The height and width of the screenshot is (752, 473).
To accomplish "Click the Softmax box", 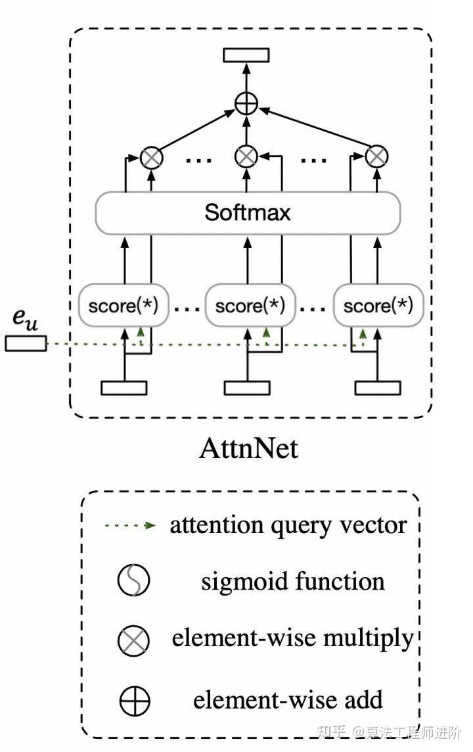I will [x=248, y=212].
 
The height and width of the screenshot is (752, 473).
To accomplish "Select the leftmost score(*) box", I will [x=123, y=306].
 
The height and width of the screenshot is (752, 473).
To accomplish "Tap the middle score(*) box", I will [x=250, y=306].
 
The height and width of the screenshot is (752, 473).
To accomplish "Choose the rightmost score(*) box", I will [x=378, y=306].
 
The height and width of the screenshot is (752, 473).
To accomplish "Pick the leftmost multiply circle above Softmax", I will [x=152, y=156].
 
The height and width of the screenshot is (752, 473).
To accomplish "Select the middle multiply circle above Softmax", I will [x=246, y=156].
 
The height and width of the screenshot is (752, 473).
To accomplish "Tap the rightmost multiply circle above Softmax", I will [x=376, y=156].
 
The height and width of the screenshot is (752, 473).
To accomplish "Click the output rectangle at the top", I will [x=246, y=55].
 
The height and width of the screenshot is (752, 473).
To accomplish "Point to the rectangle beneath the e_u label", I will [x=26, y=343].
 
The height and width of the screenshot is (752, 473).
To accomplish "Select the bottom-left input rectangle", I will [x=124, y=388].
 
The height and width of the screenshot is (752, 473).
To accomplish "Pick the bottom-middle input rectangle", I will [x=247, y=388].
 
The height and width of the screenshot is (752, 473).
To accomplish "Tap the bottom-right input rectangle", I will [x=378, y=388].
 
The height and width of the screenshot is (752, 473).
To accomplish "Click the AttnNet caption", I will [x=248, y=448].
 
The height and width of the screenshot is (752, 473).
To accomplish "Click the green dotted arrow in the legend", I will [x=129, y=525].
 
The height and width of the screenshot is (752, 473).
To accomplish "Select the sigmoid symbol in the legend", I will [x=134, y=581].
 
